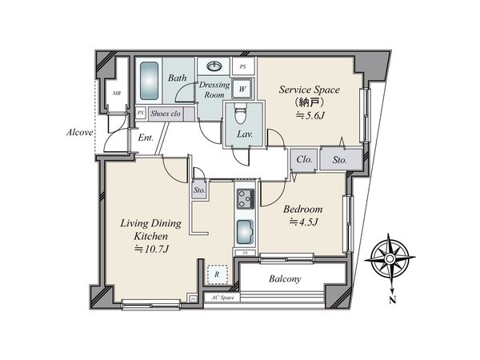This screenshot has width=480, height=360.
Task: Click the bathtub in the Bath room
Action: (149, 81)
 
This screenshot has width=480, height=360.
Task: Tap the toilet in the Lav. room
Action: (240, 114)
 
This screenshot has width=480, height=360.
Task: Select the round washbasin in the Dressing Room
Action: (214, 66)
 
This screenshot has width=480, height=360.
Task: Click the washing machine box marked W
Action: (242, 89)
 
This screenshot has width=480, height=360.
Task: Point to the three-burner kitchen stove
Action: (246, 198)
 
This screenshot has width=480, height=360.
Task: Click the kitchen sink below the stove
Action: (246, 232)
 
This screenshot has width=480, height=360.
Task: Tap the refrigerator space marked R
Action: (217, 274)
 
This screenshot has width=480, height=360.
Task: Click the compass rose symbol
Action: (390, 259)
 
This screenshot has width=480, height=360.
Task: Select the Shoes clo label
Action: (166, 114)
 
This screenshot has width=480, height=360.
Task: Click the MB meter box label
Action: (116, 94)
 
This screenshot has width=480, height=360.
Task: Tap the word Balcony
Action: (285, 279)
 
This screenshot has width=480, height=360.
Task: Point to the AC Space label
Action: (223, 298)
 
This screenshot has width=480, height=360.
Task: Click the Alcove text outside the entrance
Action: (79, 133)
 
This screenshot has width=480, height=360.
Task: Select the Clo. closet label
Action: (304, 159)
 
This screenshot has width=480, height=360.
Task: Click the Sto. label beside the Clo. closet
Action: (340, 160)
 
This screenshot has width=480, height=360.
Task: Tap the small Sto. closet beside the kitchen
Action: (199, 190)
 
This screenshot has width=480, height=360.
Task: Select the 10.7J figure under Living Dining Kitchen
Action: (152, 250)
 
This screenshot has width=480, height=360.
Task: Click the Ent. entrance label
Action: (146, 138)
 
